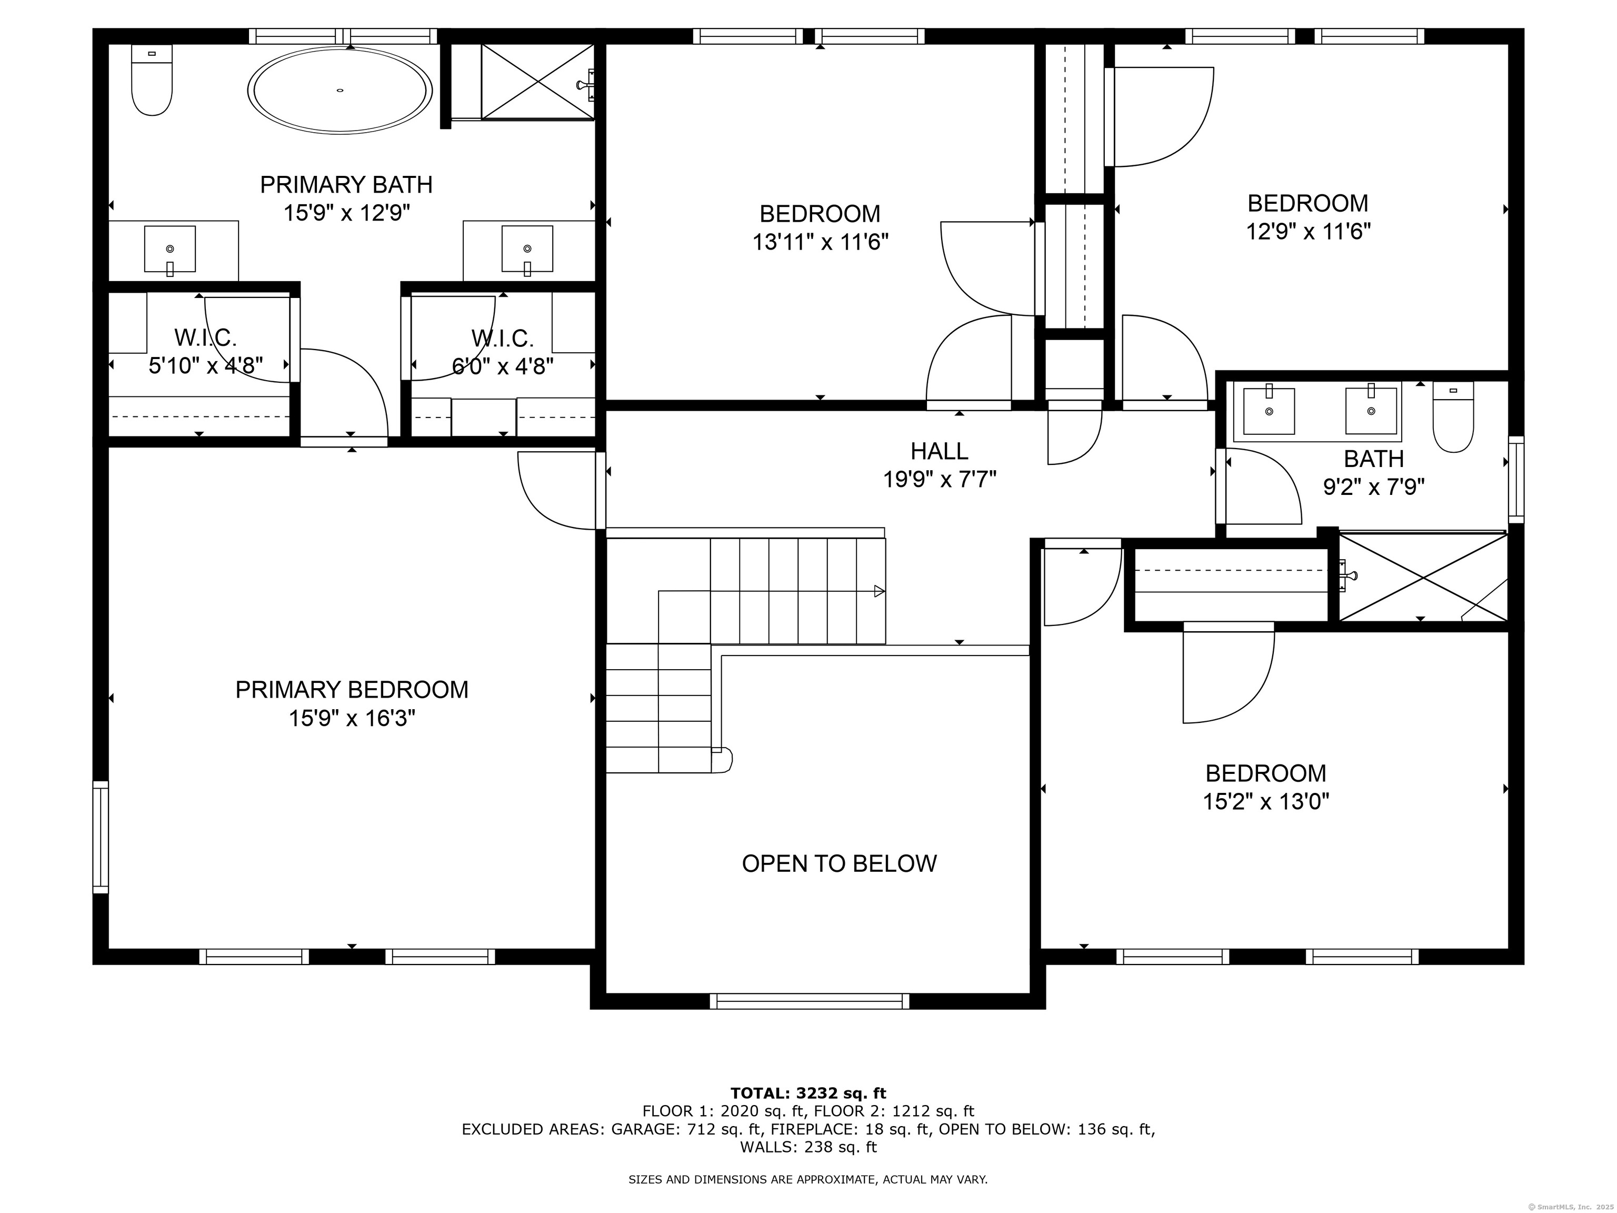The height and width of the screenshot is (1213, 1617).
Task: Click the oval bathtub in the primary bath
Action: (340, 90)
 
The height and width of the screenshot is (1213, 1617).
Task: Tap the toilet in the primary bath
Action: (152, 79)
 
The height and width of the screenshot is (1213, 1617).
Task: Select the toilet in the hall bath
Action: (1453, 417)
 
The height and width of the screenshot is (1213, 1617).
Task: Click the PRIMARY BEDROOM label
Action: (352, 690)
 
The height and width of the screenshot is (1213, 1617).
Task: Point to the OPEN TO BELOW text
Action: (839, 863)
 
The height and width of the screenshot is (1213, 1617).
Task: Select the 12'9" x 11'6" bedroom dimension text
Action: (1308, 232)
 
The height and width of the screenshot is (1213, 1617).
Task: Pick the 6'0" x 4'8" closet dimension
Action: (503, 365)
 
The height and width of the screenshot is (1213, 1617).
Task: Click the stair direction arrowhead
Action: (880, 591)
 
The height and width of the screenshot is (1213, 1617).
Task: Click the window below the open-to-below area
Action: (809, 1001)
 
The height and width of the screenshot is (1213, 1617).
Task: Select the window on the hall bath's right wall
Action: (1516, 480)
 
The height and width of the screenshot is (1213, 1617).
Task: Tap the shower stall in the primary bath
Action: (538, 81)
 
